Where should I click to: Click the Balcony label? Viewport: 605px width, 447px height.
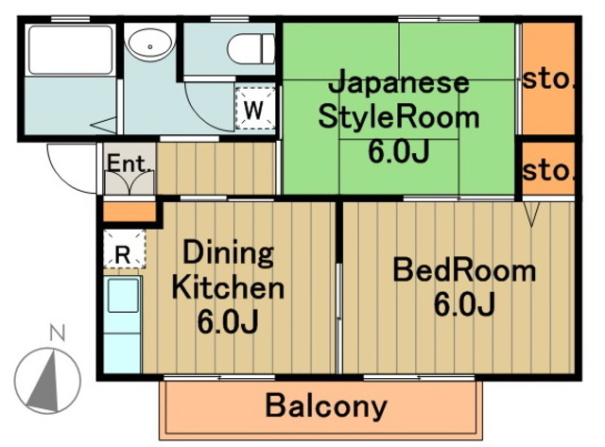click(326, 406)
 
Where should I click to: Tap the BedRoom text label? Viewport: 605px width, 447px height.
click(464, 272)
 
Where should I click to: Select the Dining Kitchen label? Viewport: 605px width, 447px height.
click(227, 270)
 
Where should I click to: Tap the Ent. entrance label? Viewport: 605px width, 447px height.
click(129, 164)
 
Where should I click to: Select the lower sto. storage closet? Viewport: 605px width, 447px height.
click(549, 171)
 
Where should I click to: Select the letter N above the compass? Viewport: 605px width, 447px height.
click(58, 333)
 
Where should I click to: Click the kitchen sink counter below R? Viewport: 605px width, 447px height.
click(123, 322)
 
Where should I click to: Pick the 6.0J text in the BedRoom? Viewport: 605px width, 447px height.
click(464, 304)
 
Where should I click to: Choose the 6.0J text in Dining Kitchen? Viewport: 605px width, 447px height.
click(227, 322)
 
